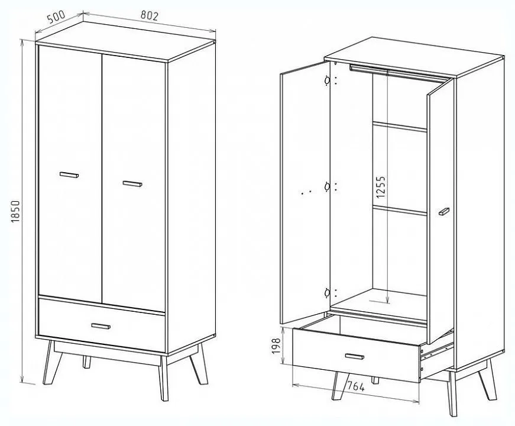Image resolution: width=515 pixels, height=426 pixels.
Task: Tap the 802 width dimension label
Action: click(150, 15)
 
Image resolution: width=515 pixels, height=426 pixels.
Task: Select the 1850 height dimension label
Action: click(16, 212)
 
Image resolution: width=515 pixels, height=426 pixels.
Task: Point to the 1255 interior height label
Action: click(380, 188)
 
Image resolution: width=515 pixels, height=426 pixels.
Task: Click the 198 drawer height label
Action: click(277, 346)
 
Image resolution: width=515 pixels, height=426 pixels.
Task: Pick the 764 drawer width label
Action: click(356, 386)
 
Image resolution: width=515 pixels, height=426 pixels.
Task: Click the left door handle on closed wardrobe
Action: click(69, 175)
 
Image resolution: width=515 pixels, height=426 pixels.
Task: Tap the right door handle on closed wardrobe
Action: click(132, 184)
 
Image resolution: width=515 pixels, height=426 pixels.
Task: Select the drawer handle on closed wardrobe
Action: click(101, 326)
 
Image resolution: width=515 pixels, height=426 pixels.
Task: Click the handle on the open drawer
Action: click(355, 357)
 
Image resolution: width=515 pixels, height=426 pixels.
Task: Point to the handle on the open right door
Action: click(443, 212)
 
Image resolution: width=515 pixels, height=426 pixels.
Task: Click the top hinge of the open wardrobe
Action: click(327, 80)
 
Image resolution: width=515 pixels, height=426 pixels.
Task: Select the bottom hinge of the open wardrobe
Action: click(327, 292)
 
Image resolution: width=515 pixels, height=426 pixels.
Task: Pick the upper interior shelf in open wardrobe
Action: click(400, 127)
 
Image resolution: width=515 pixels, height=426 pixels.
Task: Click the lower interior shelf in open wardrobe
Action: click(400, 211)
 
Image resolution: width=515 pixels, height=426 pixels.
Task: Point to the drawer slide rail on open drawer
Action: click(437, 351)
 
